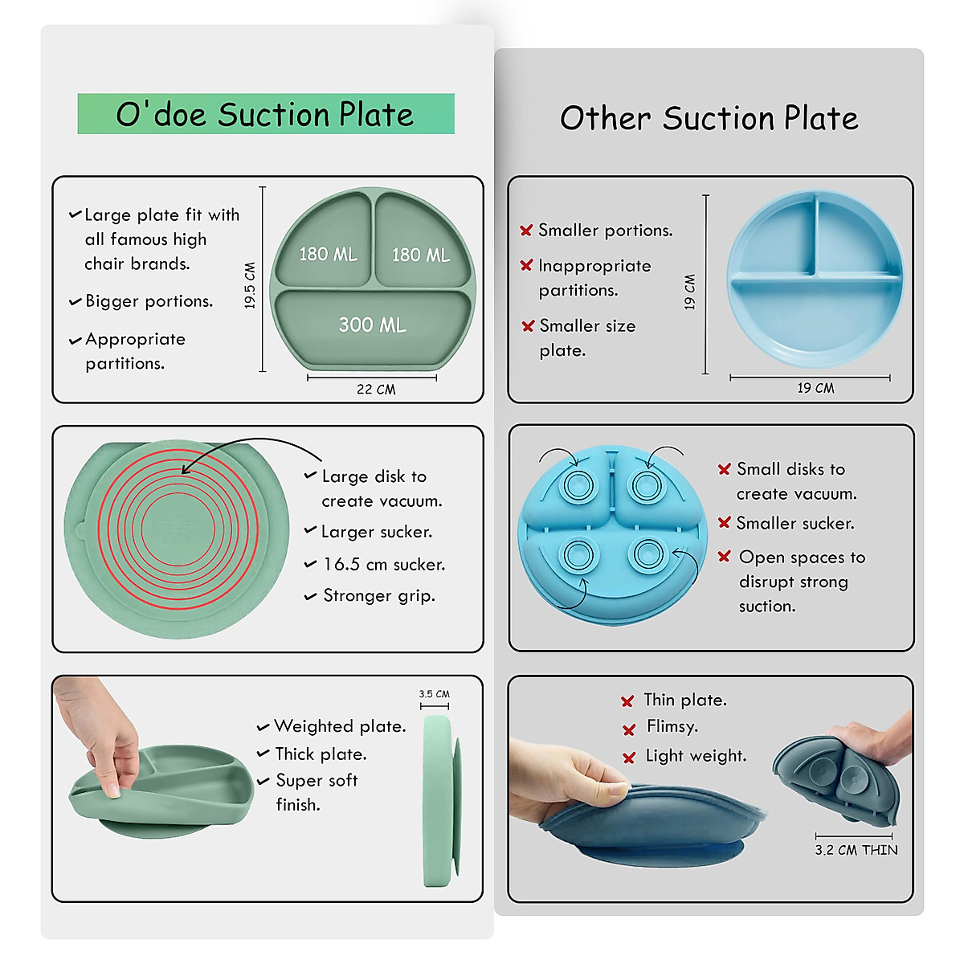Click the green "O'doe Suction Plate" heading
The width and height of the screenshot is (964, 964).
(x=265, y=114)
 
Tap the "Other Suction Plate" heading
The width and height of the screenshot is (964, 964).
(x=709, y=119)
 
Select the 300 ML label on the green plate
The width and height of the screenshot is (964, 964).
(x=372, y=325)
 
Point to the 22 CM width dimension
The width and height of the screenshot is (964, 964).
(x=375, y=390)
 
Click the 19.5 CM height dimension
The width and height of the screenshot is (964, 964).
(x=250, y=285)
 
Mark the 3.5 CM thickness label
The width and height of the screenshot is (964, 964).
(x=434, y=694)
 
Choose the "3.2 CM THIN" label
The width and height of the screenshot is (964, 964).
(x=856, y=850)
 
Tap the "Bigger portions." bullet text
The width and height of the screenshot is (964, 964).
(x=149, y=301)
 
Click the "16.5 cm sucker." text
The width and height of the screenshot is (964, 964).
(x=384, y=565)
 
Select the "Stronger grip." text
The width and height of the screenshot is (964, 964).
(x=378, y=596)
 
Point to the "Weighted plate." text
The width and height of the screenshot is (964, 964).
(x=340, y=726)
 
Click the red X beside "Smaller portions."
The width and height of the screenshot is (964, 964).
(x=526, y=231)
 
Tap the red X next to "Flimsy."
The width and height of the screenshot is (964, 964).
(x=629, y=729)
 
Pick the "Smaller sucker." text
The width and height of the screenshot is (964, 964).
(x=794, y=524)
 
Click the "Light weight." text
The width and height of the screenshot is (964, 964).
(x=696, y=756)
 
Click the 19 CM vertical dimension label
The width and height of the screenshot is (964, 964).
(x=689, y=292)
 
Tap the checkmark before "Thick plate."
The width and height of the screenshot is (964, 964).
(x=263, y=754)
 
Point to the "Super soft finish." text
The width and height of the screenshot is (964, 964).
(x=316, y=792)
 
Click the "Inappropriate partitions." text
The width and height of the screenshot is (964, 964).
(x=594, y=278)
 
